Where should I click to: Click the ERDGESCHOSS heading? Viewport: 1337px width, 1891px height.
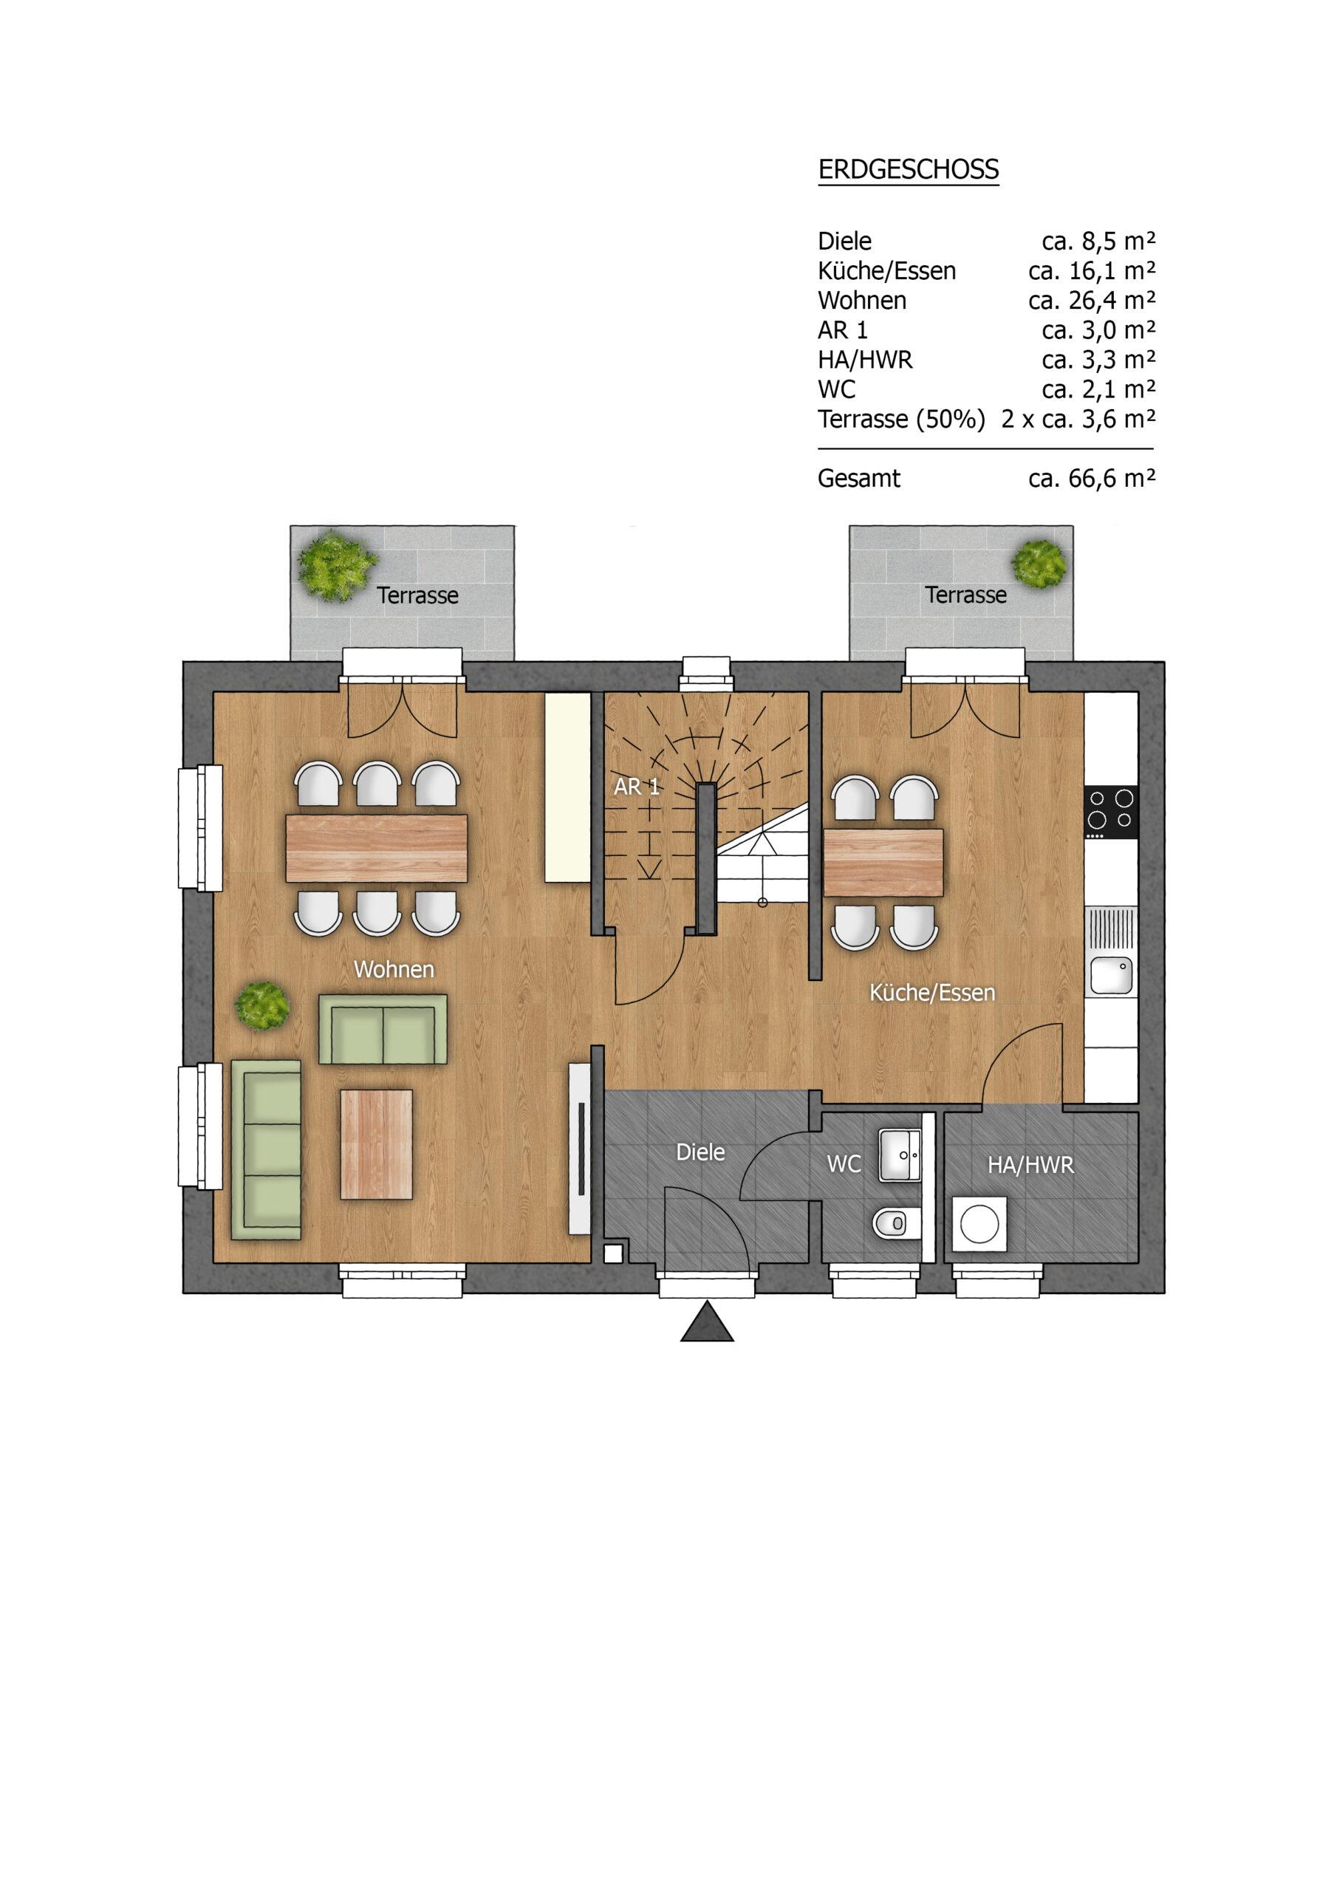pyautogui.click(x=908, y=170)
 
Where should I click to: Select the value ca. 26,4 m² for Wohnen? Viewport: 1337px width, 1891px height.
pyautogui.click(x=1092, y=301)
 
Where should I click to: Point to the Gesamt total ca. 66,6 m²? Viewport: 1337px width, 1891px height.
pyautogui.click(x=1092, y=479)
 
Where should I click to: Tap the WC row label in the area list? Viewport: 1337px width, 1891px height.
pyautogui.click(x=836, y=389)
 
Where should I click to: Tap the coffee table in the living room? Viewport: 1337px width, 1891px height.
pyautogui.click(x=377, y=1144)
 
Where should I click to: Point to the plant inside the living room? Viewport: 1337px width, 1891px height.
pyautogui.click(x=262, y=1005)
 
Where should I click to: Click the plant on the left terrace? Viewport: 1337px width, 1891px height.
pyautogui.click(x=336, y=566)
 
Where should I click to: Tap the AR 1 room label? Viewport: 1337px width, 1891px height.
pyautogui.click(x=637, y=787)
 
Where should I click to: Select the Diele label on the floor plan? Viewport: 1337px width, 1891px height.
pyautogui.click(x=700, y=1152)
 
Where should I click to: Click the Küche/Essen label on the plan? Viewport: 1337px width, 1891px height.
pyautogui.click(x=932, y=993)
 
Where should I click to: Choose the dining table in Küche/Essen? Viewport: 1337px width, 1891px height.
pyautogui.click(x=883, y=862)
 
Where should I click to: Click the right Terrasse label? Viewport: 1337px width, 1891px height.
pyautogui.click(x=965, y=595)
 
